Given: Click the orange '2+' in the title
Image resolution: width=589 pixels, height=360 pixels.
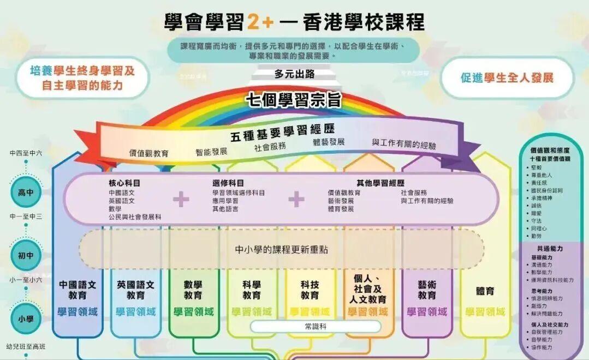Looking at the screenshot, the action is [x=260, y=22].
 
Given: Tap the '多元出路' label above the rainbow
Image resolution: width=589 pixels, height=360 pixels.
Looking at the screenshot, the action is [x=294, y=74].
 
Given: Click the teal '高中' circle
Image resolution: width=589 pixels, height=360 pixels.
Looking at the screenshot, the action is [x=26, y=193].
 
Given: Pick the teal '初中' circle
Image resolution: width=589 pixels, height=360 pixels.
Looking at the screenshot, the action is [x=26, y=255].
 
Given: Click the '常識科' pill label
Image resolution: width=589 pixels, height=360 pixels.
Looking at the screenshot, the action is [x=316, y=326].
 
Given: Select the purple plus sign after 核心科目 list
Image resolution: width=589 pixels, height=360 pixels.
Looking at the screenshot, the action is [x=181, y=200].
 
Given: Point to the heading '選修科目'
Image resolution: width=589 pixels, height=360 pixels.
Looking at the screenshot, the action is [x=228, y=183].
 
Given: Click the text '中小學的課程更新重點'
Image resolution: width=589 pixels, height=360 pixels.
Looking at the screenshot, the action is [x=282, y=249].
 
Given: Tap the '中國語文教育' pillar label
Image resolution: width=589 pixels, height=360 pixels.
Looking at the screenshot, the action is [x=78, y=290].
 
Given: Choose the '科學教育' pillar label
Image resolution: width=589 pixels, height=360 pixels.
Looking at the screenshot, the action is [x=252, y=290].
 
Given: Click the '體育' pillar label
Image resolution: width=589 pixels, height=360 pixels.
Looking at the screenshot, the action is [x=485, y=291].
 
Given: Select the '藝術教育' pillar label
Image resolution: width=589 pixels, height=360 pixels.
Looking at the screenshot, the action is [x=427, y=290].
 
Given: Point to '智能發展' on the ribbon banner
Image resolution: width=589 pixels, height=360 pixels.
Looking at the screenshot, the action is [x=211, y=152].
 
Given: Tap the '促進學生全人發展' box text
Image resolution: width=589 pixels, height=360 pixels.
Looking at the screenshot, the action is [x=507, y=77].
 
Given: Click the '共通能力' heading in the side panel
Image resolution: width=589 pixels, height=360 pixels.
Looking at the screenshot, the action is [x=550, y=248].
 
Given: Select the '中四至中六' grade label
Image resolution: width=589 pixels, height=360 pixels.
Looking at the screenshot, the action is [x=26, y=153].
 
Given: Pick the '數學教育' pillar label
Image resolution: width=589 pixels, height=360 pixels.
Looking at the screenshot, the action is [x=193, y=290].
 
